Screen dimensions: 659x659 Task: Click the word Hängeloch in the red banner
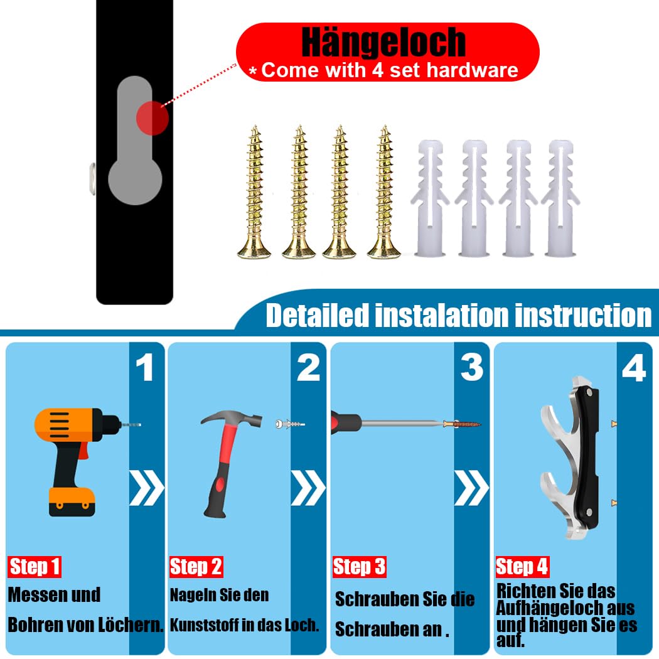click(x=383, y=43)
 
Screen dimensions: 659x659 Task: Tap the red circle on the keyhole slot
click(x=152, y=118)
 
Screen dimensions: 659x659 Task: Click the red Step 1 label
click(x=35, y=567)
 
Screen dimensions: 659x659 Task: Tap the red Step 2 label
click(x=196, y=567)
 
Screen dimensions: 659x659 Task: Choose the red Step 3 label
click(x=359, y=567)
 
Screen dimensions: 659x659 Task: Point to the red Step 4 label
click(x=522, y=567)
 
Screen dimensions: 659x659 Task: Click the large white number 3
click(x=471, y=367)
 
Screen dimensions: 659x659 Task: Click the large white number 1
click(x=145, y=367)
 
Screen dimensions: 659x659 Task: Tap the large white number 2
click(x=309, y=367)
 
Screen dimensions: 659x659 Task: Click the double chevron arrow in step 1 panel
click(x=146, y=488)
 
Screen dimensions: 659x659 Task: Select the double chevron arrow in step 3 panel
click(x=471, y=488)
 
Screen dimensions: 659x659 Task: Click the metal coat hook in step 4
click(x=572, y=458)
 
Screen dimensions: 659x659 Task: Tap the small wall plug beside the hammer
click(x=290, y=424)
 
